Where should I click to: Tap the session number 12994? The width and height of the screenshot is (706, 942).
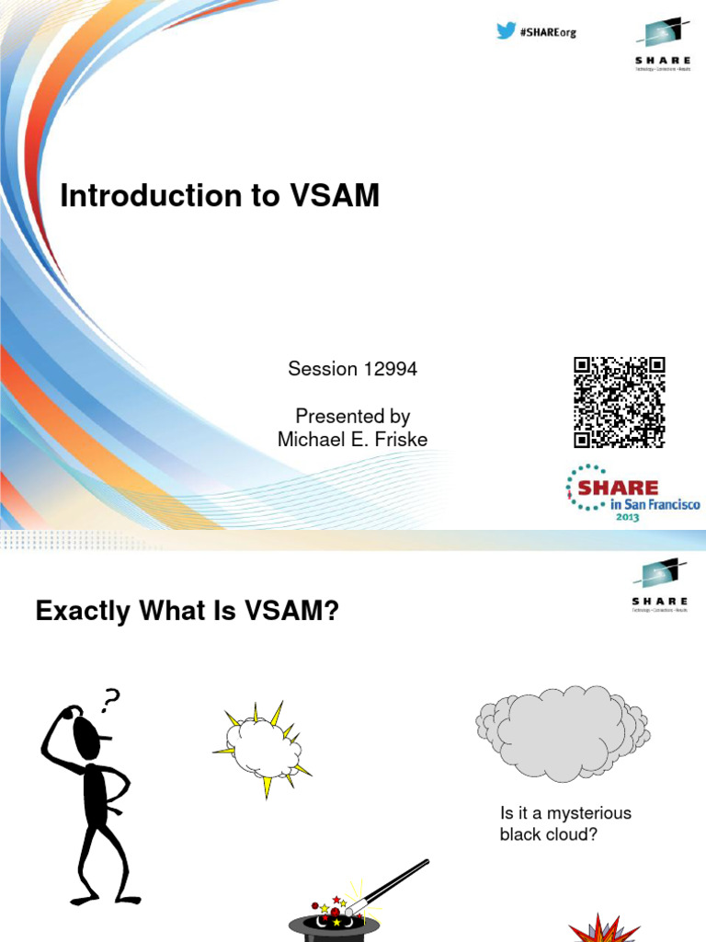click(x=389, y=369)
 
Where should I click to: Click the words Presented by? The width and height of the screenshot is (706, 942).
click(x=352, y=417)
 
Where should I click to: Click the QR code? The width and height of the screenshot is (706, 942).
click(x=619, y=402)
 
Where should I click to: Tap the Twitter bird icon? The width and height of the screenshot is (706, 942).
click(x=506, y=31)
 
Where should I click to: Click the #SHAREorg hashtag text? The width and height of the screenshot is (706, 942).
click(x=548, y=32)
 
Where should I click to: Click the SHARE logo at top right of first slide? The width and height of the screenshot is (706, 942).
click(x=661, y=47)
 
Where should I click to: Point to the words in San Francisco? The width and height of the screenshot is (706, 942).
click(x=654, y=504)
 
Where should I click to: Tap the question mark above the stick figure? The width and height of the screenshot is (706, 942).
click(x=112, y=702)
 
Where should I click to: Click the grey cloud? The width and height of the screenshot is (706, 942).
click(x=563, y=732)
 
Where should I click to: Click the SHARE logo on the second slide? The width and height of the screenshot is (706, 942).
click(x=661, y=588)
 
